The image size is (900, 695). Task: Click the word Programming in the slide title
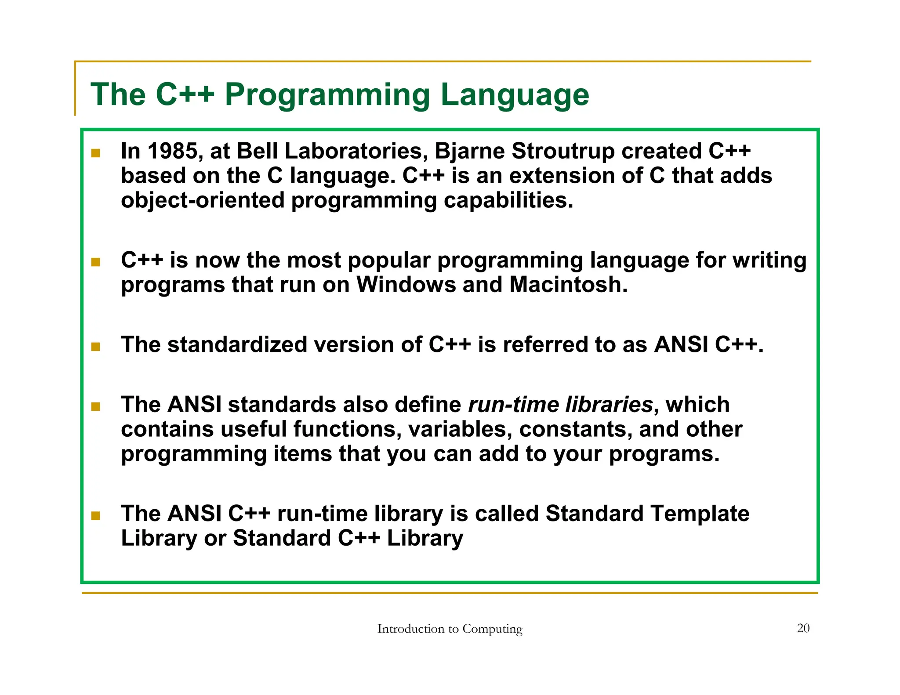[x=327, y=95]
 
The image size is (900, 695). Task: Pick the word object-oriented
[x=203, y=201]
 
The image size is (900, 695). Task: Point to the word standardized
[x=237, y=345]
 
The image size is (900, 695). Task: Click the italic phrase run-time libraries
[x=560, y=405]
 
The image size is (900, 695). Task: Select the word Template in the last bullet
[x=700, y=514]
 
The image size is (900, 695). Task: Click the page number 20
[x=803, y=628]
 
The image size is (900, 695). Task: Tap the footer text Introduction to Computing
[x=450, y=629]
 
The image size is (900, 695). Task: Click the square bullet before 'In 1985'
[x=96, y=153]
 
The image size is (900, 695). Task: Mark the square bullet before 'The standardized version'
[x=96, y=347]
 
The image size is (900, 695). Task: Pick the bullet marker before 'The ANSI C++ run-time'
[x=96, y=515]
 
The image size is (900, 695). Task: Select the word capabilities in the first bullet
[x=508, y=201]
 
